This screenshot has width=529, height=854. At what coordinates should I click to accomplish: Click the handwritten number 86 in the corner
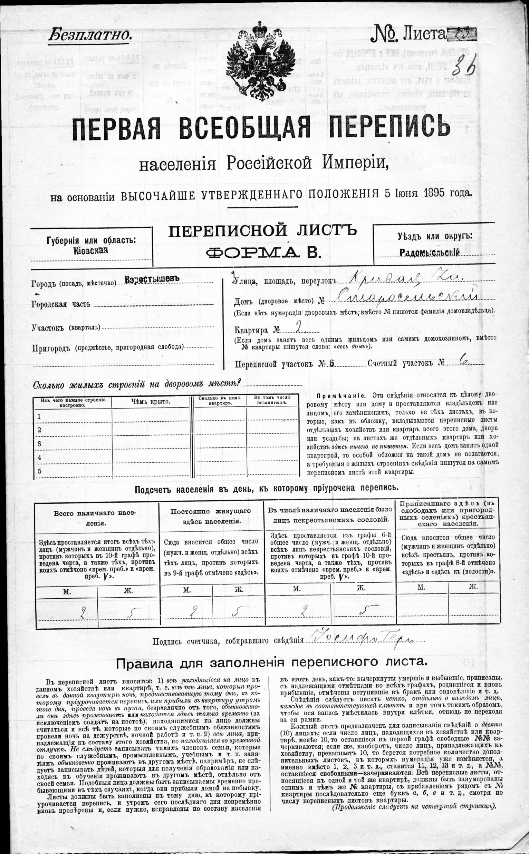click(464, 64)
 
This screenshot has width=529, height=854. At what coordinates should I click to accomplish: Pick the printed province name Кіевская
click(90, 250)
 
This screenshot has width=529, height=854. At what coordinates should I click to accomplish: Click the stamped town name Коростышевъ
click(152, 279)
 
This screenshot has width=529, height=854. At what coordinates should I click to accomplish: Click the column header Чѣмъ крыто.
click(151, 401)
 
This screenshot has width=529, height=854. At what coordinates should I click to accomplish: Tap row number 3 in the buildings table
click(39, 444)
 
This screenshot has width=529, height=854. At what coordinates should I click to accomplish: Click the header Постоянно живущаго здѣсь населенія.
click(211, 516)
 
